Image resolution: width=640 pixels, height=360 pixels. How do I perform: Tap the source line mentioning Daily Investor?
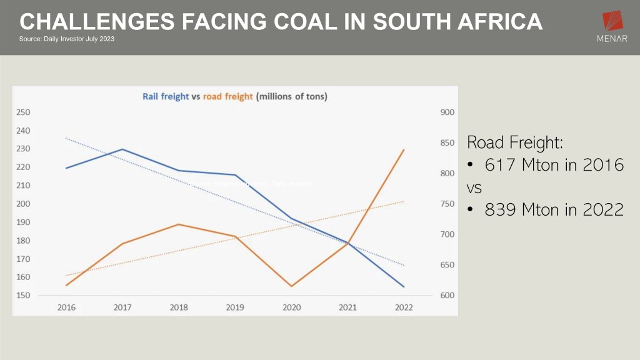point(67,39)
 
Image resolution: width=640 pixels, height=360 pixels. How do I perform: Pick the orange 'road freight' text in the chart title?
point(228,96)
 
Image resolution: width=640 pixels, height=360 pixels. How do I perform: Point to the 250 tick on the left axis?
point(24,112)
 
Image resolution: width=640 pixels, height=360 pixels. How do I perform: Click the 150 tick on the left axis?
point(24,296)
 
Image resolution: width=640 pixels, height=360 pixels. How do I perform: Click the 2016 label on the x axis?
point(66,307)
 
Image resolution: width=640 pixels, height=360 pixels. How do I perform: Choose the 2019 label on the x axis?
point(236,307)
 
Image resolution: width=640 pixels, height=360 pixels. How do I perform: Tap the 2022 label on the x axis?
point(404,307)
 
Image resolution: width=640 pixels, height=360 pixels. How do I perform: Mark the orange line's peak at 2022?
point(404,149)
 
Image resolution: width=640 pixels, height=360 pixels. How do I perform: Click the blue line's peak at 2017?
point(122,149)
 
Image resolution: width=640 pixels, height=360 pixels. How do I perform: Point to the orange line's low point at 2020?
point(291,286)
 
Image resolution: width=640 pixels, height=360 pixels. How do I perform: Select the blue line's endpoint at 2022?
point(404,287)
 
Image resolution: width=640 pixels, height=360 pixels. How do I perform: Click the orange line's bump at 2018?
point(179,224)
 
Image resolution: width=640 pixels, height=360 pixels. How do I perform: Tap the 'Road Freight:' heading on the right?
point(515,142)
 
